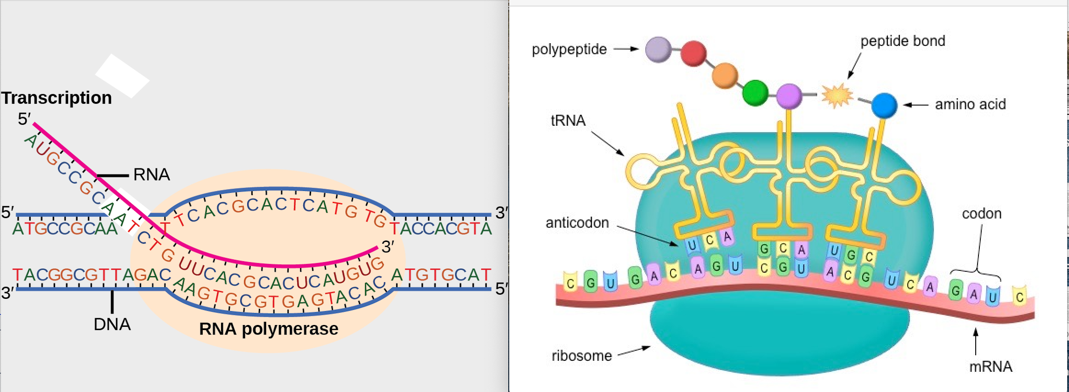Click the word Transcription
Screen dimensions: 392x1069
[57, 98]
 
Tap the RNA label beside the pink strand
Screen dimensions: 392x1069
[151, 174]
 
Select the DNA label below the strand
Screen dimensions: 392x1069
[112, 324]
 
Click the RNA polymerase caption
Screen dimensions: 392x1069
[268, 329]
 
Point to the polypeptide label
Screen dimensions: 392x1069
[569, 49]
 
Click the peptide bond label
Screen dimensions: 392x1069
[903, 41]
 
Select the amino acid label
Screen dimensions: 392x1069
[970, 104]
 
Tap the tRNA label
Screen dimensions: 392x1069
[568, 120]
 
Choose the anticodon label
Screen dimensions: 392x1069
[577, 223]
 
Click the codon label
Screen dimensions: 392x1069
[982, 213]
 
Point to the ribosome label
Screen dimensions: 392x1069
[581, 356]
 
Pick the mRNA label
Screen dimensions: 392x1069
[990, 366]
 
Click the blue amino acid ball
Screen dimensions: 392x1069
[884, 105]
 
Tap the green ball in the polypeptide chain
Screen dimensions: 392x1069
[755, 92]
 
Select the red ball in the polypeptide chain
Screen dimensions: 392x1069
[693, 53]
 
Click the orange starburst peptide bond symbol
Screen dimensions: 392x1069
[837, 95]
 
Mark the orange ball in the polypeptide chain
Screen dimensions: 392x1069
[724, 75]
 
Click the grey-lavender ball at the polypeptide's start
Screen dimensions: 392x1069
[658, 49]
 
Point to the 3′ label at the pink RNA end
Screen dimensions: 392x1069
[387, 247]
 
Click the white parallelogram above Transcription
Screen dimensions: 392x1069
[122, 76]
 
